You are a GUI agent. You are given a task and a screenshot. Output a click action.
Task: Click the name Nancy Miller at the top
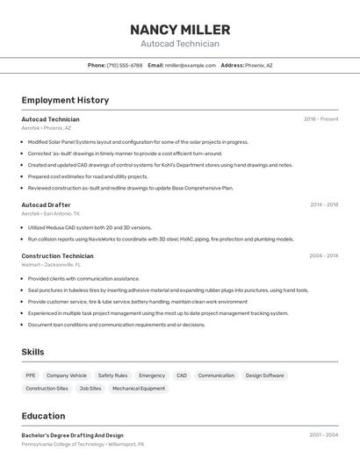(x=180, y=29)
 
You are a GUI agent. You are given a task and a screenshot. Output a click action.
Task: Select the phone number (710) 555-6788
(x=125, y=65)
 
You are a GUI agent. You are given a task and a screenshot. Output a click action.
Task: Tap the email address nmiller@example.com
(x=190, y=65)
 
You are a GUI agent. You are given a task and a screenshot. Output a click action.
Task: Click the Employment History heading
(x=65, y=100)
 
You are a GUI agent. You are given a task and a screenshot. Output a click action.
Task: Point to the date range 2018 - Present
(x=320, y=119)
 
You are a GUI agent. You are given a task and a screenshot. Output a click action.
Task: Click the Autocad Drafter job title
(x=46, y=204)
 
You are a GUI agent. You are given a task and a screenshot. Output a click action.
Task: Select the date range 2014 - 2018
(x=323, y=204)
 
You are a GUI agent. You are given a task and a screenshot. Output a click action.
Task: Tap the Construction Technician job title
(x=57, y=256)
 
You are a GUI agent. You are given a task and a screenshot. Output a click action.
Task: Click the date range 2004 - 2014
(x=323, y=256)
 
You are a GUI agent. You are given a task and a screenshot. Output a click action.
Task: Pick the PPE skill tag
(x=32, y=376)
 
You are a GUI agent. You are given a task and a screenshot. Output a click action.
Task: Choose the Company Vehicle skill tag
(x=67, y=376)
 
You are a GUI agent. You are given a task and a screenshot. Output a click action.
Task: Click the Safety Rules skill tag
(x=112, y=376)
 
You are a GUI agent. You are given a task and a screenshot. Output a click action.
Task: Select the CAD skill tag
(x=182, y=376)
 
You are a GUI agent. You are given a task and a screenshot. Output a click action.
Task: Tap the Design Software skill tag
(x=264, y=376)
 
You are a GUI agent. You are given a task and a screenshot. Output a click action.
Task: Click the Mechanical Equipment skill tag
(x=139, y=389)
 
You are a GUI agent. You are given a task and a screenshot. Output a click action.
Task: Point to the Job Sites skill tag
(x=90, y=389)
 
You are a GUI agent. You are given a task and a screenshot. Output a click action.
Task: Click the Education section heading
(x=44, y=416)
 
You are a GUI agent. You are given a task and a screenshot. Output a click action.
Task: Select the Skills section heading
(x=33, y=352)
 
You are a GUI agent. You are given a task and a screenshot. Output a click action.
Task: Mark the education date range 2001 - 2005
(x=323, y=435)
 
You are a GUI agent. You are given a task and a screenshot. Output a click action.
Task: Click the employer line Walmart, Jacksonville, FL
(x=51, y=264)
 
